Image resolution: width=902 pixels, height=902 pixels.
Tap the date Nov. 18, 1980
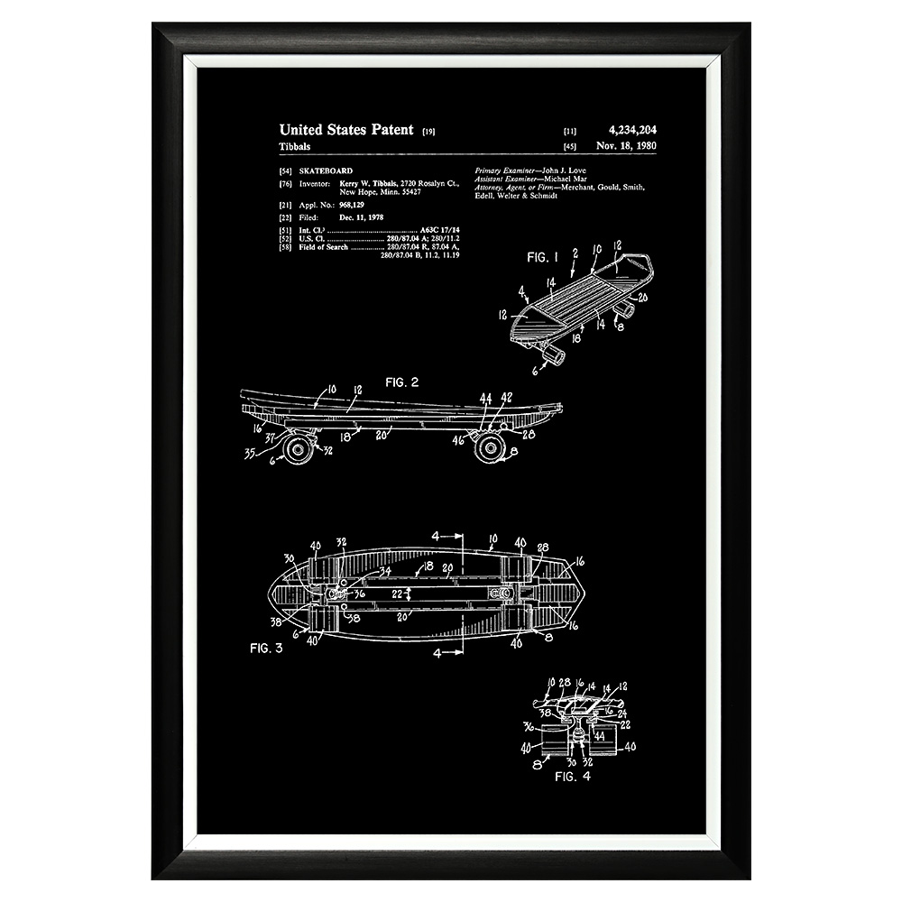click(632, 145)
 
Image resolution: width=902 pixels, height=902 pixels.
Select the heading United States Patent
click(346, 130)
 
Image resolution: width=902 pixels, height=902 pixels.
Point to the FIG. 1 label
click(543, 257)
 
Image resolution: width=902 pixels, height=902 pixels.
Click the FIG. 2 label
click(401, 382)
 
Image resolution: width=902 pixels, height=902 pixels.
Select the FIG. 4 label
click(573, 776)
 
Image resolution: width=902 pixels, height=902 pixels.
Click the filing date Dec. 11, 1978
click(360, 217)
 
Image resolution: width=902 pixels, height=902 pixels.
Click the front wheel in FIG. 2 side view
click(298, 447)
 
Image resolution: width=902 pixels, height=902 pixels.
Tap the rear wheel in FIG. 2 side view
click(490, 447)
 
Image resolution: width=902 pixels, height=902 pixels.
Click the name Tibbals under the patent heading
click(296, 145)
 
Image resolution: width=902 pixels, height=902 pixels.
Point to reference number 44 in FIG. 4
click(599, 736)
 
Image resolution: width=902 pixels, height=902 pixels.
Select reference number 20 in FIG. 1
click(643, 297)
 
